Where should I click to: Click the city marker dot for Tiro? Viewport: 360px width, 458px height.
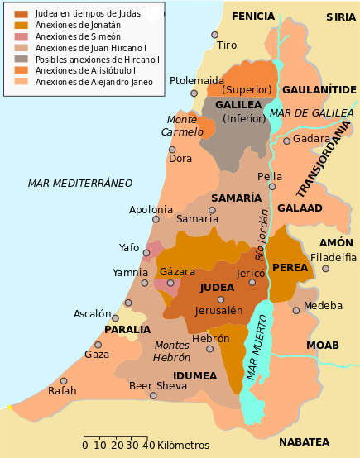point(214,35)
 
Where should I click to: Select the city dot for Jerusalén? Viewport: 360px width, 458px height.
point(221,299)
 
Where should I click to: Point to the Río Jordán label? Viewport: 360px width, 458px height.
point(261,233)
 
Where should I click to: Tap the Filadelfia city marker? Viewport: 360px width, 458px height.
point(325,269)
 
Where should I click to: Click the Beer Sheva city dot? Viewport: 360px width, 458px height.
point(153,395)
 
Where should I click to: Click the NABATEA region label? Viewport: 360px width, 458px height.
point(304,442)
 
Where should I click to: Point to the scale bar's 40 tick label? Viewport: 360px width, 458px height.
point(149,446)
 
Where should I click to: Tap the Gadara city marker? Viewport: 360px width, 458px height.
point(286,141)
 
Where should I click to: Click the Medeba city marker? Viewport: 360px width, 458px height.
point(295,310)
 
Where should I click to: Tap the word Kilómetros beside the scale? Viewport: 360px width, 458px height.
point(183,446)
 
